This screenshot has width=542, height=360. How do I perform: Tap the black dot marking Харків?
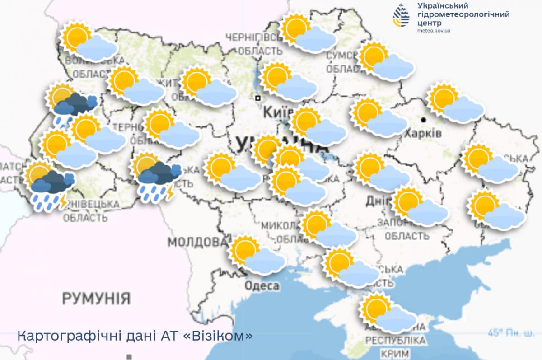coord(424,120)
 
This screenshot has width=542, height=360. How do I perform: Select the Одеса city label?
coord(262,286)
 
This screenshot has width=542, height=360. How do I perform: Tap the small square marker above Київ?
coord(257,98)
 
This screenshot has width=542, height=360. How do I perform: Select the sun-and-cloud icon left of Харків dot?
coord(378,118)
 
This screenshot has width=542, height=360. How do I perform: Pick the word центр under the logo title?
coord(433,23)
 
